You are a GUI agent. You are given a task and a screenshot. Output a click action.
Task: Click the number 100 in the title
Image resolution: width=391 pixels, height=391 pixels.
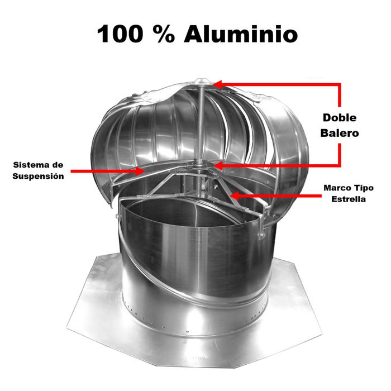point(120,34)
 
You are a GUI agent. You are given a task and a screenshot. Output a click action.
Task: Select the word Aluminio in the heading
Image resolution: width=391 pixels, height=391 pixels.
point(241,34)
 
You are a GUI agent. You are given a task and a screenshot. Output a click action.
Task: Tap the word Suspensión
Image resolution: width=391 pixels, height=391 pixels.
point(40,176)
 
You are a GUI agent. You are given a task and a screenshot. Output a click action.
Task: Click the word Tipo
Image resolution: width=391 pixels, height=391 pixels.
point(363,188)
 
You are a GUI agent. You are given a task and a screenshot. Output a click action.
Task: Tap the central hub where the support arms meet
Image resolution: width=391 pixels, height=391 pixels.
point(201,166)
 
